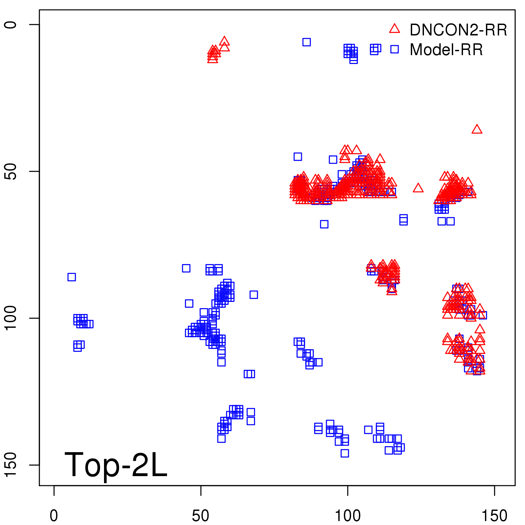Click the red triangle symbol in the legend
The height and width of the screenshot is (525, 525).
click(x=394, y=29)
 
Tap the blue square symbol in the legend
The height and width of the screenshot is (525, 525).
click(x=394, y=49)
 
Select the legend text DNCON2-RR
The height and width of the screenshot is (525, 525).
click(x=458, y=30)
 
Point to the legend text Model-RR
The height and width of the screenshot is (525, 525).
click(x=446, y=50)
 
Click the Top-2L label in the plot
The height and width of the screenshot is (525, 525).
click(x=116, y=465)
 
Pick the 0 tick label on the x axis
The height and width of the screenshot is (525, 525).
click(x=54, y=516)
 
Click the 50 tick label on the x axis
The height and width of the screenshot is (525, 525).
click(x=200, y=516)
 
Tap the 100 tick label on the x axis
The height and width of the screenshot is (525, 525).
click(x=347, y=516)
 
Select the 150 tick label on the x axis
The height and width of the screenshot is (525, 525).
click(x=494, y=516)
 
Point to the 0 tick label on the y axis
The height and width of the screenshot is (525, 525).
click(x=10, y=25)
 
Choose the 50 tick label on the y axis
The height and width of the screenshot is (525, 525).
click(x=10, y=171)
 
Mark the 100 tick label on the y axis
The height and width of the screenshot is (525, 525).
click(x=10, y=318)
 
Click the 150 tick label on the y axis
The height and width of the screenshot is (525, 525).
click(x=10, y=465)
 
